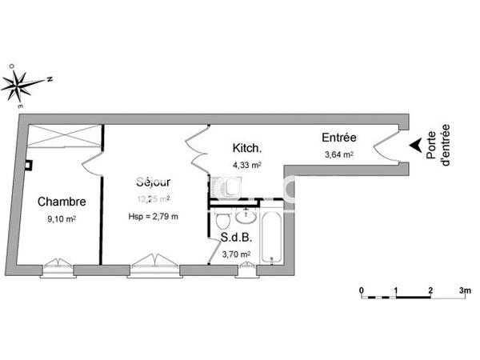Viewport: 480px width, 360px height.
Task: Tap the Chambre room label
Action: coord(62,202)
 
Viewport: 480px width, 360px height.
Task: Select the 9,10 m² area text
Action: coord(62,218)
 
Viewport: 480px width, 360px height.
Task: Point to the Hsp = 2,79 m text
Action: coord(153,216)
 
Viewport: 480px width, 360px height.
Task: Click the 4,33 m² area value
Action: coord(247,166)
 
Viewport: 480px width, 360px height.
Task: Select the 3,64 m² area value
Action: coord(338,155)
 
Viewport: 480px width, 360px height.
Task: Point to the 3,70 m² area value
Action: coord(236,254)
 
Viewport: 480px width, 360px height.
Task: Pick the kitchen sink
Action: coord(226,189)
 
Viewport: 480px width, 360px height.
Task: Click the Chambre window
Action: coord(58,265)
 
